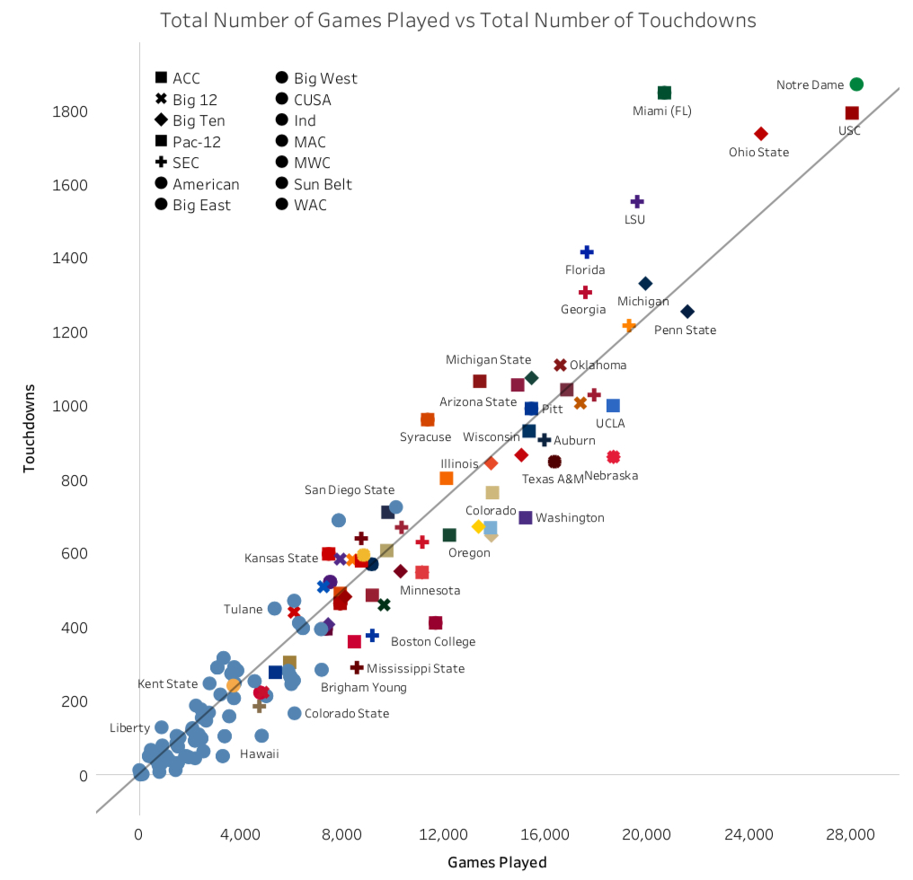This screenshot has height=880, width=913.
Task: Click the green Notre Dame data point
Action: coord(856,84)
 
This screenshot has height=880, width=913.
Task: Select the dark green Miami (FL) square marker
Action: coord(664,92)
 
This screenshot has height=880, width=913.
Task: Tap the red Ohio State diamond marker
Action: coord(761,134)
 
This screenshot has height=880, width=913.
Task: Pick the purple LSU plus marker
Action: coord(637,201)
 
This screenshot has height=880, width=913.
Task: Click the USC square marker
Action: coord(852,113)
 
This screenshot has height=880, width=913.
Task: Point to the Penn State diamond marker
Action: coord(687,312)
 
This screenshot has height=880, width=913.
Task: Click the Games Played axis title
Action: coord(497,863)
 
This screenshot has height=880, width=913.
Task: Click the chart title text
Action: coord(457,20)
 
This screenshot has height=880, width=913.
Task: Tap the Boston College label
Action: coord(433,642)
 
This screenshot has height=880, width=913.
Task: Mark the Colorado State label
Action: coord(347,714)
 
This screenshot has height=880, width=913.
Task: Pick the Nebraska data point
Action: coord(614,457)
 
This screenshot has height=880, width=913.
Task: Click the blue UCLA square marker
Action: coord(613,406)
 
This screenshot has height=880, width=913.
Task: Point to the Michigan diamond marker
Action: coord(645,284)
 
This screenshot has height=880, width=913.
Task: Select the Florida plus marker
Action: coord(587,252)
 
